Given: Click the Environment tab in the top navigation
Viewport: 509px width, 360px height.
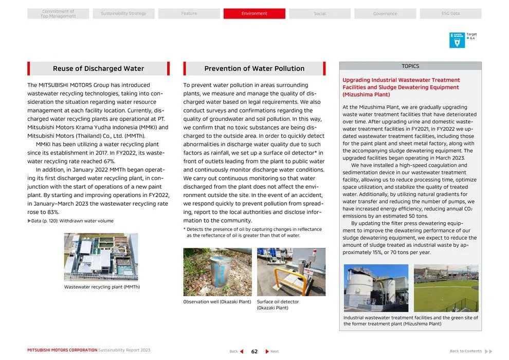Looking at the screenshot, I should [254, 13].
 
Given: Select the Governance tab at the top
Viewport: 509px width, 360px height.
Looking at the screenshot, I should [385, 13].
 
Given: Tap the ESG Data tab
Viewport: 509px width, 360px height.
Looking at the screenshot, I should [450, 13].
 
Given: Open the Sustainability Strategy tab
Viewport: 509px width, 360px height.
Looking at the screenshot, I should [123, 13].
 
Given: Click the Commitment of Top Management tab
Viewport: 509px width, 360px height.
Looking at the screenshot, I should [58, 13].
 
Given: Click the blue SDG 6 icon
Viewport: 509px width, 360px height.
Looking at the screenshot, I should [457, 40].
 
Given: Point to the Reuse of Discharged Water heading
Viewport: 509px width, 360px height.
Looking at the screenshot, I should [98, 68].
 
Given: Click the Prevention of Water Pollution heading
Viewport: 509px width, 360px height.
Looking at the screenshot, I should [254, 68].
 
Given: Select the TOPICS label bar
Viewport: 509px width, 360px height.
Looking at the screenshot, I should [410, 66].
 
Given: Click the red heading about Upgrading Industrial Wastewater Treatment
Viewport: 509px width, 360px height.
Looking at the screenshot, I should [401, 87].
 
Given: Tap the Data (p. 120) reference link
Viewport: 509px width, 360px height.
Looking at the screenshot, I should [70, 221].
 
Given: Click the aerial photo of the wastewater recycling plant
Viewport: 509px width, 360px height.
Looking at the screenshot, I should [101, 257].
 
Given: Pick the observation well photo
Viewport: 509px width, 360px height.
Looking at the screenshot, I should [217, 272].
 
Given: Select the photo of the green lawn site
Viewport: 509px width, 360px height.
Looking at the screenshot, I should [446, 288].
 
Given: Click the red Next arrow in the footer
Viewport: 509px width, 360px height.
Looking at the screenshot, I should [267, 351].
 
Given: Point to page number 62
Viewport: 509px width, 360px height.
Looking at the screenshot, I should [254, 351].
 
